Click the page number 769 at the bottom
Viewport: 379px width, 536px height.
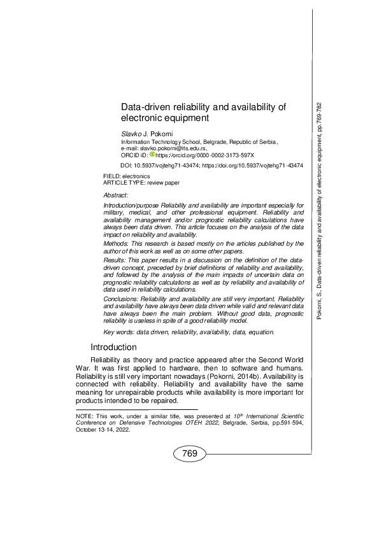(189, 453)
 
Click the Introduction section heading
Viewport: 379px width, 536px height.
(113, 348)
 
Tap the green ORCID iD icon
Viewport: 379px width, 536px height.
(152, 154)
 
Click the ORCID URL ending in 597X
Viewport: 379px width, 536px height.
(205, 155)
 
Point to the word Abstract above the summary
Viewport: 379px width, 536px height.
(115, 194)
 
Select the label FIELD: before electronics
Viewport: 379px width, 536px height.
(111, 176)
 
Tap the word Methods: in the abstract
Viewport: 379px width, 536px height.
(116, 243)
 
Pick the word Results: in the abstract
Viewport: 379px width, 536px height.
(115, 261)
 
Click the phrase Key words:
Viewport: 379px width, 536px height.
(117, 332)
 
